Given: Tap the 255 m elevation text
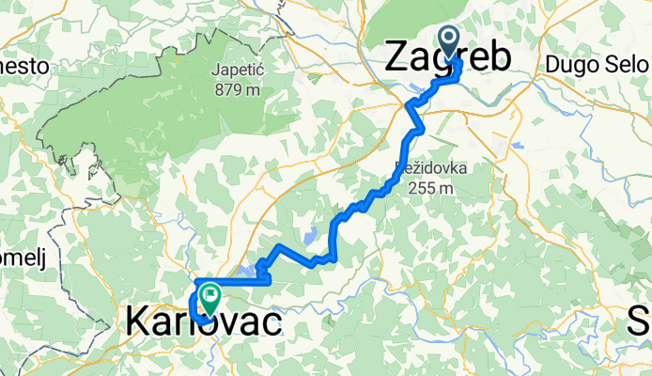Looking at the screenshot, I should pos(431,187).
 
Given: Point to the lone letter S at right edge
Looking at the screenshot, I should pos(641,322).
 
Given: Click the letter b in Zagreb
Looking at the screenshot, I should pos(502,58).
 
